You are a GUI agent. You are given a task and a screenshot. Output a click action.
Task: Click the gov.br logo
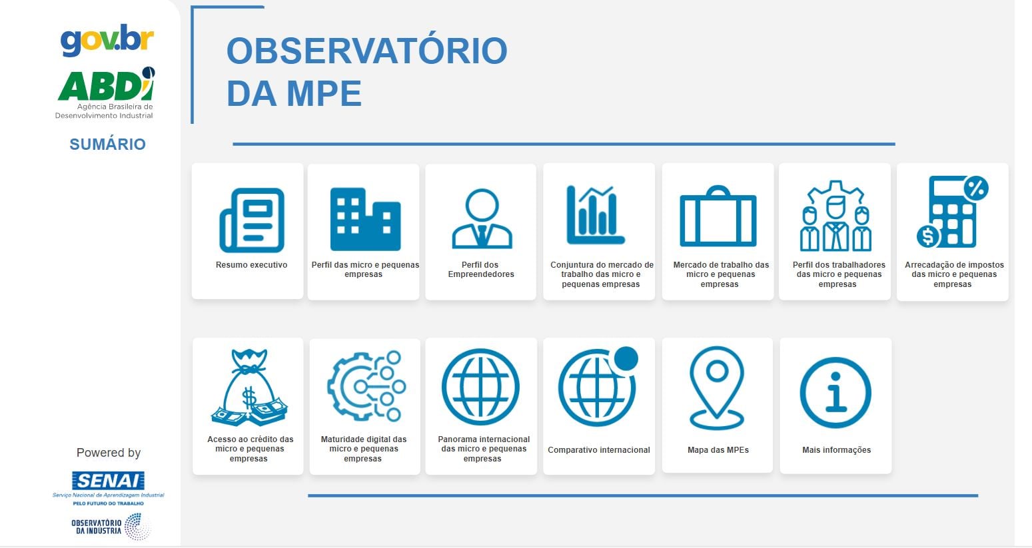[107, 40]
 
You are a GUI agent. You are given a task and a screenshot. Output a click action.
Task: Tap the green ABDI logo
[106, 85]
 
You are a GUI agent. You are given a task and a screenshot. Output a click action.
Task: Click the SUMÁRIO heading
[107, 144]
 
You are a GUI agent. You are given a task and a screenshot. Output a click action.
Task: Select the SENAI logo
[109, 481]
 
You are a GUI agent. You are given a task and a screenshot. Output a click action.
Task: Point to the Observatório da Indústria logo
[111, 526]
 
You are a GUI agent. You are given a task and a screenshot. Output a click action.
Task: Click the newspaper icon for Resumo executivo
[252, 220]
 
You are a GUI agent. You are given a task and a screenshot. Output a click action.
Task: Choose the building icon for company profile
[365, 219]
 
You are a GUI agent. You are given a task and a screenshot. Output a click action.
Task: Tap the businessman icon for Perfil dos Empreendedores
[482, 219]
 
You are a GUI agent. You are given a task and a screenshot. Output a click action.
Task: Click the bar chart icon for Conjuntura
[595, 214]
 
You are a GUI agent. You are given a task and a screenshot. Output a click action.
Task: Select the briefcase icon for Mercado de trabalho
[718, 216]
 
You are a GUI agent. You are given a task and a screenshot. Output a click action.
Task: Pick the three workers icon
[835, 216]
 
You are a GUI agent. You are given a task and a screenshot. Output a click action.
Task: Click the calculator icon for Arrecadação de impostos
[952, 212]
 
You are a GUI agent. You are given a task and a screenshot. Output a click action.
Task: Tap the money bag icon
[249, 388]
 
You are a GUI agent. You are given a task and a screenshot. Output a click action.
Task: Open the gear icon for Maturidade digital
[366, 386]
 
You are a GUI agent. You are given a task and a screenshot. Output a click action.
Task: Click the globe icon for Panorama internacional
[480, 387]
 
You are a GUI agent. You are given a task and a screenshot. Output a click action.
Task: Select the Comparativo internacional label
[598, 450]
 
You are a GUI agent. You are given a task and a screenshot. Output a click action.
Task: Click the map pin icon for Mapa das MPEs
[717, 388]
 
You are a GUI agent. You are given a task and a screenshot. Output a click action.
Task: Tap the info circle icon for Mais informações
[835, 393]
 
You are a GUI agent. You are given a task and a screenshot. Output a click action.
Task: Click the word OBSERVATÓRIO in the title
[366, 51]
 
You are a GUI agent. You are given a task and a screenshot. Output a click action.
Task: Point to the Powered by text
[109, 453]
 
